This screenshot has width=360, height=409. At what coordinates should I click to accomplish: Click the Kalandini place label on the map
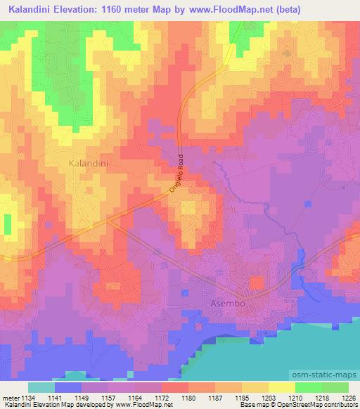pyautogui.click(x=91, y=163)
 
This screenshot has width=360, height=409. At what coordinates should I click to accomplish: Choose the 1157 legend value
pyautogui.click(x=109, y=397)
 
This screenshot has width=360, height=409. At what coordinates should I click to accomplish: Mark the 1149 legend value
pyautogui.click(x=83, y=397)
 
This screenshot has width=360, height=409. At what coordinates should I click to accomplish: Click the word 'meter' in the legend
pyautogui.click(x=11, y=397)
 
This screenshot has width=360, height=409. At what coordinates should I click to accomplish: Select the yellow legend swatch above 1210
pyautogui.click(x=282, y=387)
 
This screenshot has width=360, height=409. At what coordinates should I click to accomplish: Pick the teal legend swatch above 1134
pyautogui.click(x=41, y=387)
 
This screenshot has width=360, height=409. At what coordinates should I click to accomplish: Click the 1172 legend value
pyautogui.click(x=161, y=397)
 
